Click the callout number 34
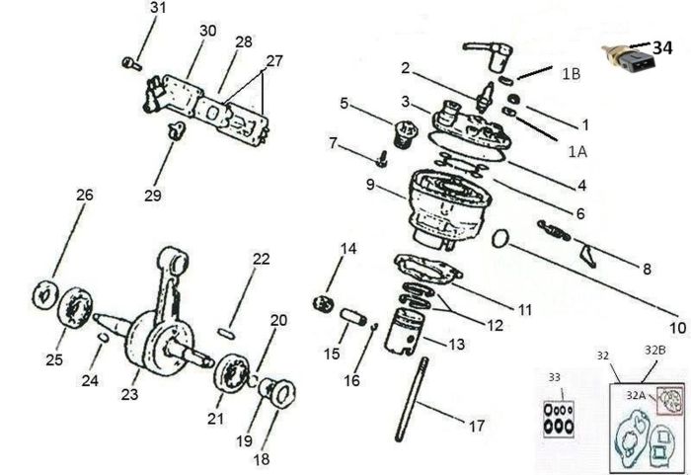(662, 47)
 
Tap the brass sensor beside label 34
(629, 59)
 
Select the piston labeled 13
(404, 331)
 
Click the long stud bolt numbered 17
(412, 399)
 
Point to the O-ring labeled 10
(499, 238)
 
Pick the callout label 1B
(571, 74)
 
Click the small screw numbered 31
(131, 64)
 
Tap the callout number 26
(85, 195)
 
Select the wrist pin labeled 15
(353, 317)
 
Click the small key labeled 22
(226, 334)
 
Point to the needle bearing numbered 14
(323, 304)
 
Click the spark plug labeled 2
(487, 97)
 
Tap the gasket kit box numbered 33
(559, 418)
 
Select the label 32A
(636, 396)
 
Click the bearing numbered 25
(75, 307)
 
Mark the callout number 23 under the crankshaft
(129, 394)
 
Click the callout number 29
(152, 195)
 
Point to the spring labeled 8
(555, 231)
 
